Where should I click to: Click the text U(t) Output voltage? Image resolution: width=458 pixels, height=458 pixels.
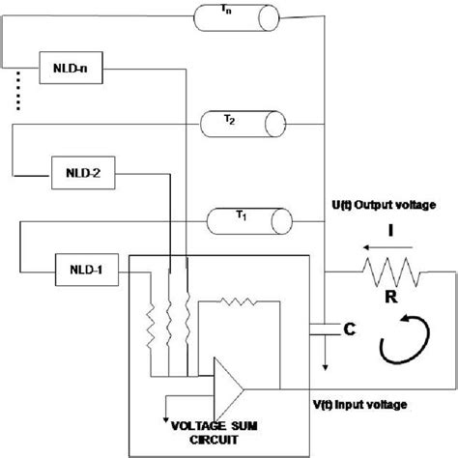384,206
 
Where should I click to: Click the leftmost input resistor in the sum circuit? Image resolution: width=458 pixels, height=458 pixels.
152,319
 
